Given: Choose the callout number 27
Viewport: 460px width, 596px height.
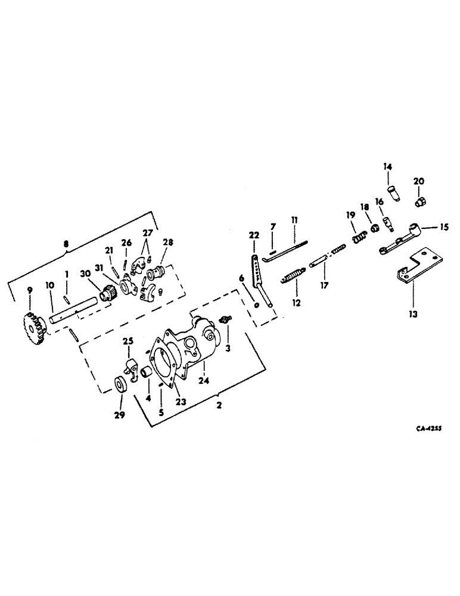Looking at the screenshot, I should point(147,233).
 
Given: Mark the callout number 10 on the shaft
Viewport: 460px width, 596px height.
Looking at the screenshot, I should point(50,288).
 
